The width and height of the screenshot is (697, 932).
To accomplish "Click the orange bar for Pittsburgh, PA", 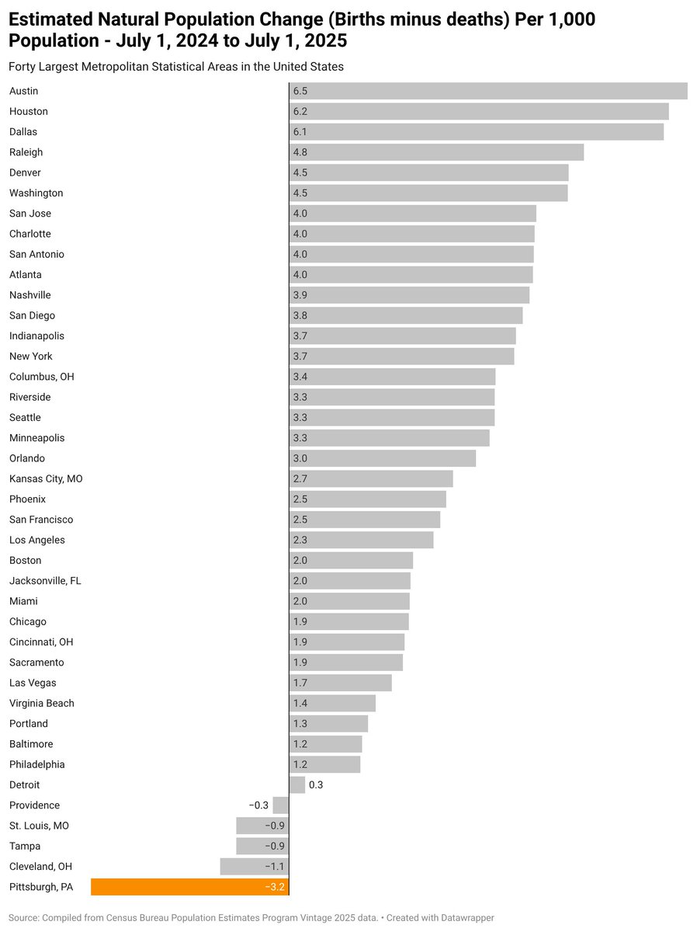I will (189, 887).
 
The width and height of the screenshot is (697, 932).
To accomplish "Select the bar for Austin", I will (488, 91).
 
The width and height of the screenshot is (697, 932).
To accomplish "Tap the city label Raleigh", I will (26, 152).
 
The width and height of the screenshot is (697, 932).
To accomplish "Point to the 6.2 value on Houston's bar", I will (300, 112).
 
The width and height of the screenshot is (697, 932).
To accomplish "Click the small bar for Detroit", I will (297, 785).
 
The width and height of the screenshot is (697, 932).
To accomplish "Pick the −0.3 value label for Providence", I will (258, 805).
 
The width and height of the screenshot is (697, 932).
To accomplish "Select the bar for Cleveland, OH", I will (254, 867).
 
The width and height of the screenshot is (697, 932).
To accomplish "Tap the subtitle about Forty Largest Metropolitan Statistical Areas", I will (176, 67).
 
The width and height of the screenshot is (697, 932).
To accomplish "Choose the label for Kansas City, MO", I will (46, 479).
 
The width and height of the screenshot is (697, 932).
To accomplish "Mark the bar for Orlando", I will (383, 458).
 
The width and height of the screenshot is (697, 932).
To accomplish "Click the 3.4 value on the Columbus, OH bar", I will (300, 377).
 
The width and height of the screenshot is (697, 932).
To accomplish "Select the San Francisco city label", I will (41, 520).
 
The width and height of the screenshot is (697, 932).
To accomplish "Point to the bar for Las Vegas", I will (341, 683).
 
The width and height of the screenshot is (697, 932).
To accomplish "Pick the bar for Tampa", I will (262, 847).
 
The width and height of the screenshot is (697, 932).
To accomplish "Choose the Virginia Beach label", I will (42, 704).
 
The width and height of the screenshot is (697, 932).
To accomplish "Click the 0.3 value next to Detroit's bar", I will (316, 785).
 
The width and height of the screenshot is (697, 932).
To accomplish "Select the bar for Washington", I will (428, 193).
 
